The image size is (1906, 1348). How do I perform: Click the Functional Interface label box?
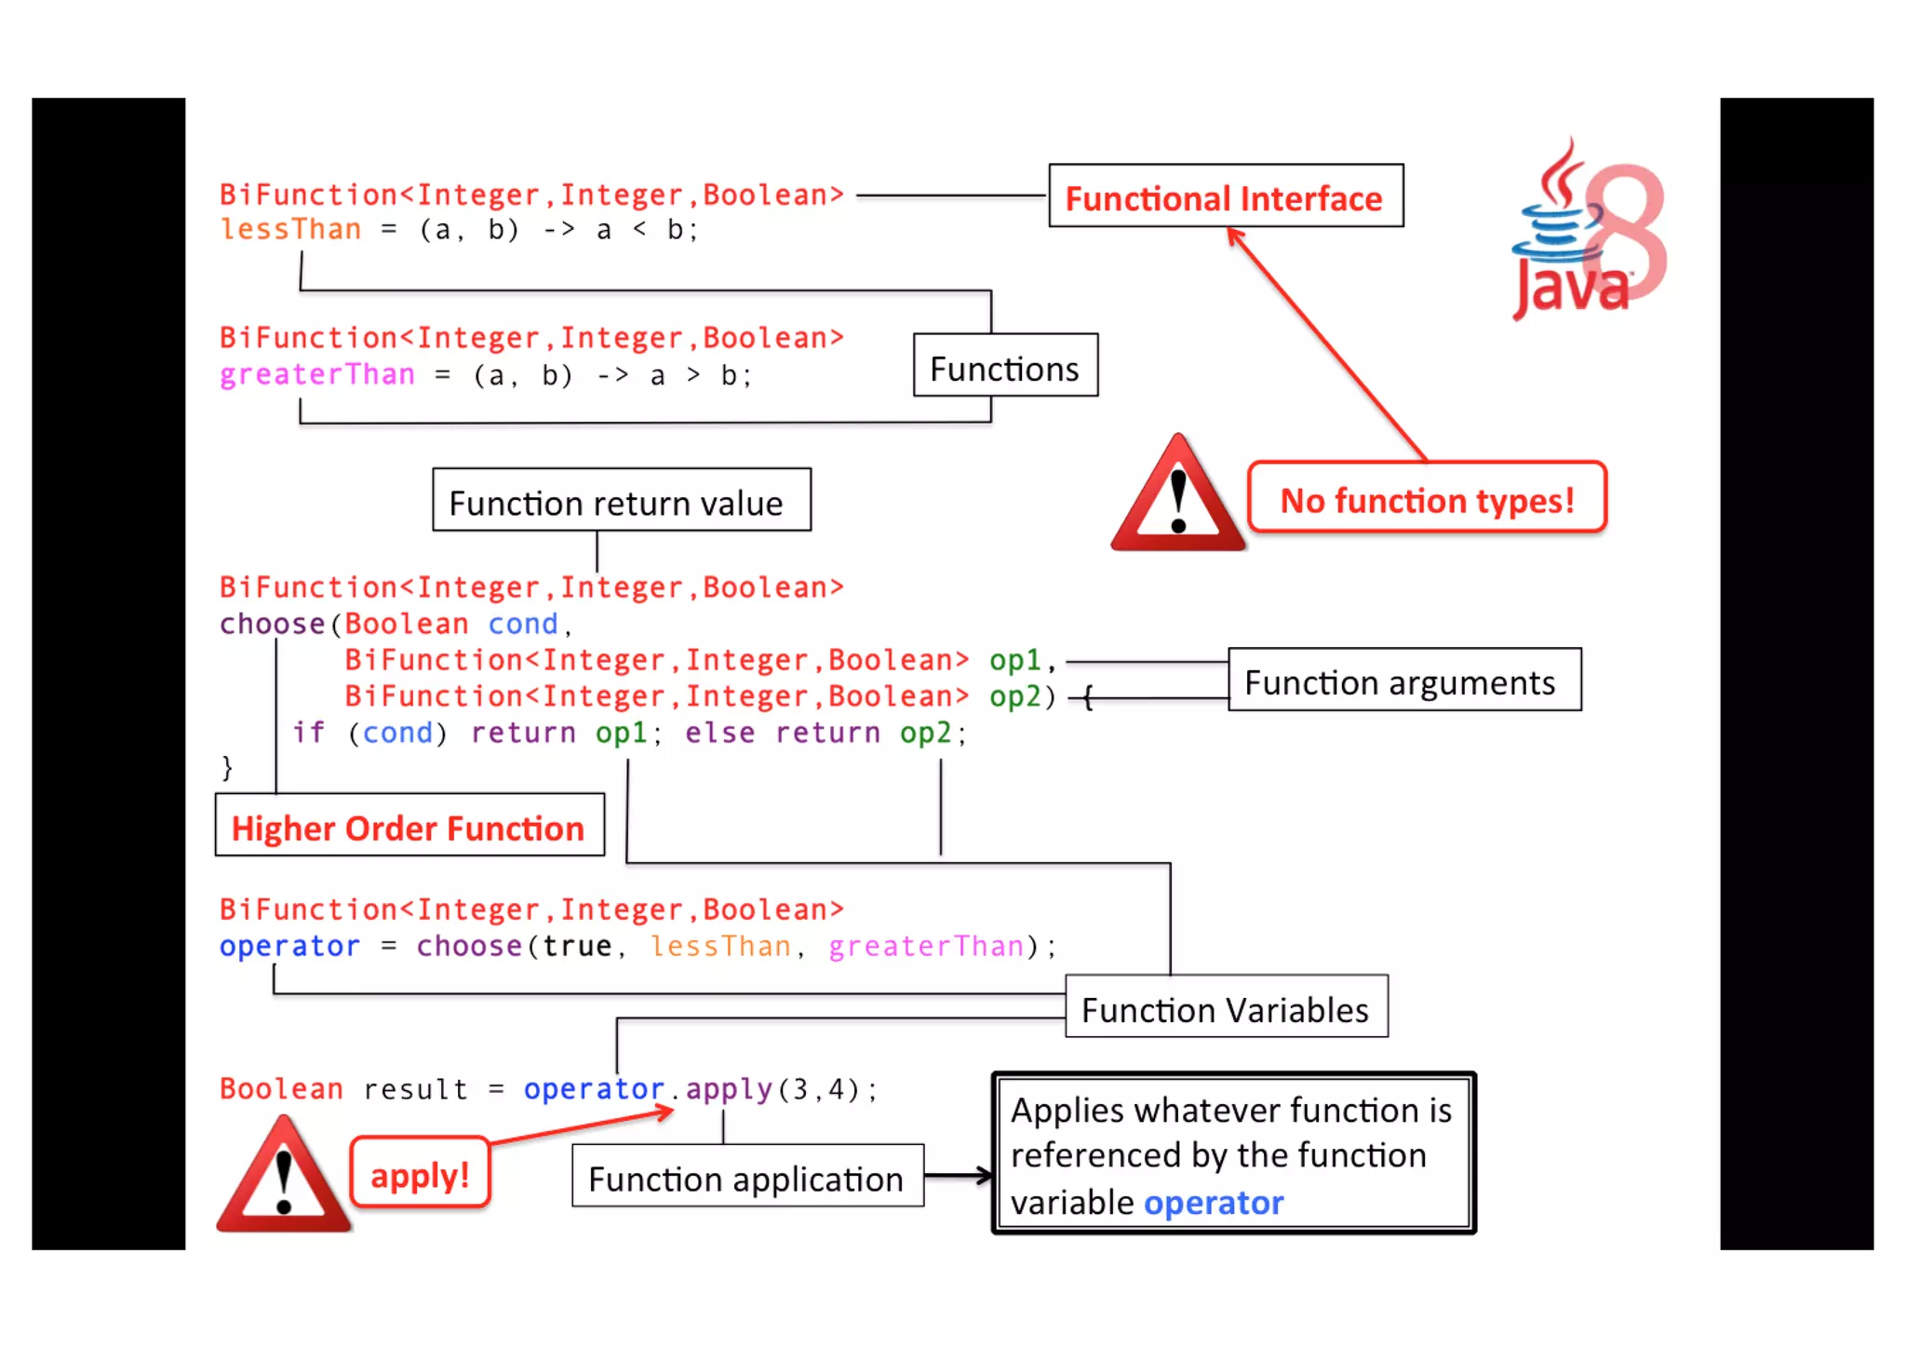[1225, 196]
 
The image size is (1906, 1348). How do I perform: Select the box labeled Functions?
[1004, 366]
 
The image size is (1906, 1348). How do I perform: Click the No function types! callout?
[1426, 499]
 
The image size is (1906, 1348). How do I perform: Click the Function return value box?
[621, 501]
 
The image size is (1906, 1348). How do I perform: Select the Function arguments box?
[1403, 681]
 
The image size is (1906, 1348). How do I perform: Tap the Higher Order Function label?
[409, 826]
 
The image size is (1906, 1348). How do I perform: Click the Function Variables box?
[1225, 1007]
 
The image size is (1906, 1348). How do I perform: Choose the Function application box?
[746, 1177]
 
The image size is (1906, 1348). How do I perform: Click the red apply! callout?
[420, 1173]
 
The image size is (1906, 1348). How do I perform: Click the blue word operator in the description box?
[1213, 1202]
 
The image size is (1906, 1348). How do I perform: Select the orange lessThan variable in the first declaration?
[290, 229]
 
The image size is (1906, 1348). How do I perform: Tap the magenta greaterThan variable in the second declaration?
[316, 374]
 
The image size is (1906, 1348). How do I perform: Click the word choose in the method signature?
[272, 624]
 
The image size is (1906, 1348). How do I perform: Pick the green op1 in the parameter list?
[1013, 660]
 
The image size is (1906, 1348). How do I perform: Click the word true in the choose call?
[576, 946]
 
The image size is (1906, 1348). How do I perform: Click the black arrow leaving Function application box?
[959, 1176]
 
